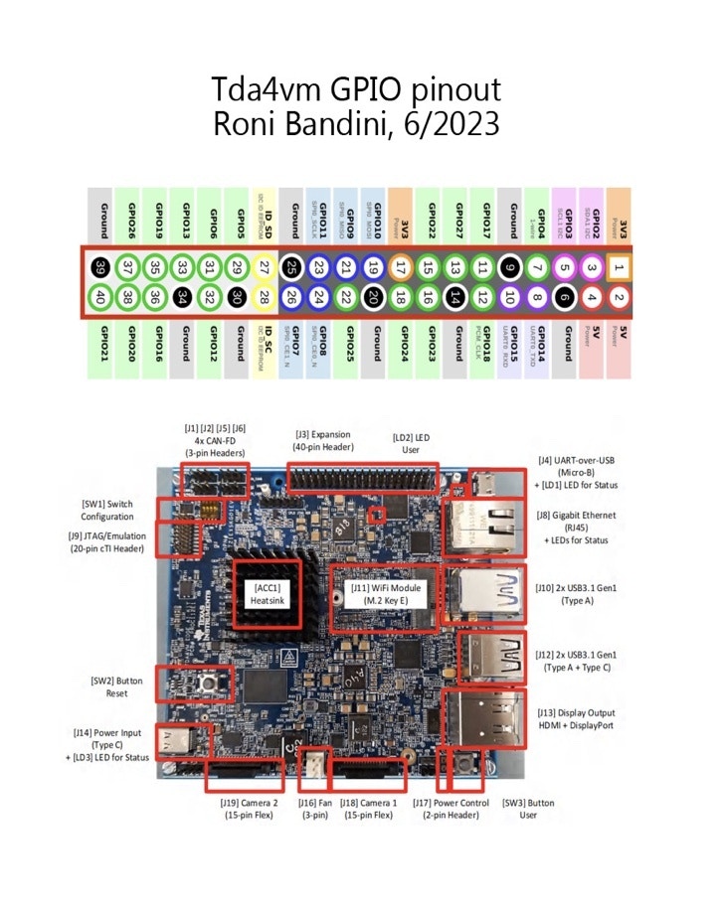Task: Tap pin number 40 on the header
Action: pos(100,295)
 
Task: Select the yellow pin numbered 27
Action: pos(264,266)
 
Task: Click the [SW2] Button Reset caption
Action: pos(109,686)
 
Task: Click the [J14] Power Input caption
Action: pos(108,744)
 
